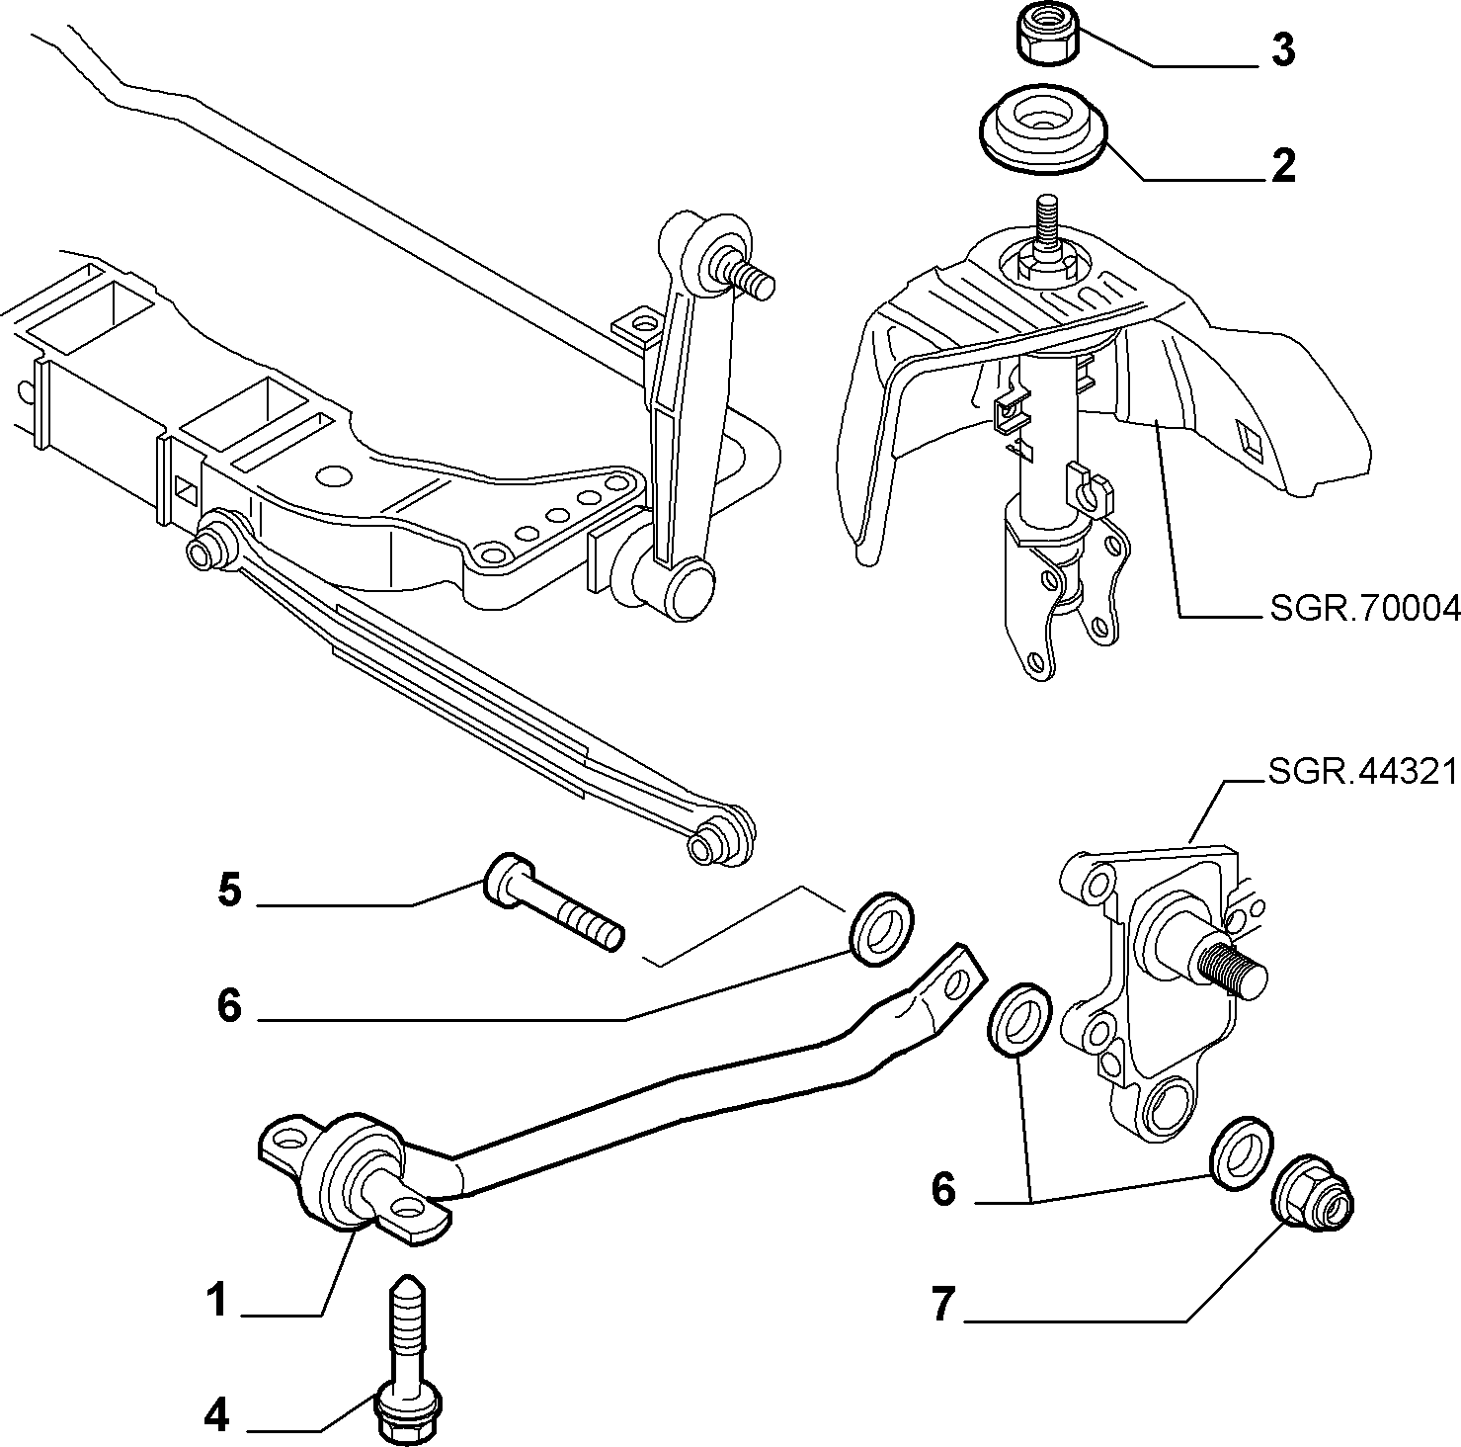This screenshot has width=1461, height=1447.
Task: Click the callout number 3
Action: point(1282,49)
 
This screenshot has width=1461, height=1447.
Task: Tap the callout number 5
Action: point(229,891)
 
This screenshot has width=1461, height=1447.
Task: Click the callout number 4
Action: point(216,1416)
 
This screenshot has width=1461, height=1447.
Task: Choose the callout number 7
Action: point(943,1306)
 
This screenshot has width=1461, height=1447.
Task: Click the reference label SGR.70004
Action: point(1364,610)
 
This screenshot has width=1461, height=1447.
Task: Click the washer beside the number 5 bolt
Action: point(881,929)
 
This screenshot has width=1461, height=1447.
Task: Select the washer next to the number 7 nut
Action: point(1241,1152)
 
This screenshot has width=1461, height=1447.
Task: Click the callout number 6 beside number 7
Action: point(943,1190)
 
